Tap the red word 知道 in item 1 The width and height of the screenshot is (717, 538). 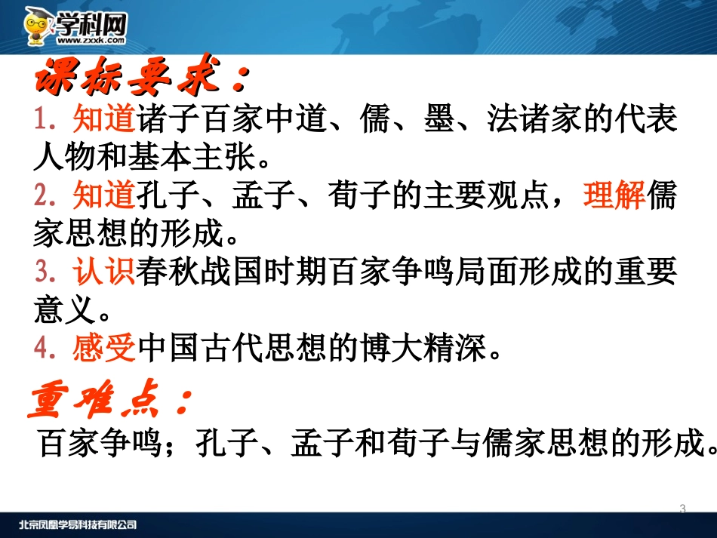click(103, 119)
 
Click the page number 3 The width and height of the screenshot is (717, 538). click(682, 509)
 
